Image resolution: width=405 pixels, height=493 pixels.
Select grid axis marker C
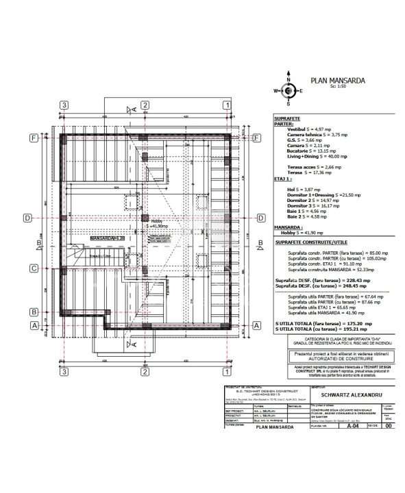click(x=32, y=268)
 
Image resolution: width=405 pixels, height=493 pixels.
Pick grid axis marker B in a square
click(x=32, y=312)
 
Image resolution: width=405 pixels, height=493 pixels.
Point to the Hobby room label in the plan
click(x=157, y=221)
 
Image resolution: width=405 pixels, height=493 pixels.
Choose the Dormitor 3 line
click(x=300, y=205)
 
